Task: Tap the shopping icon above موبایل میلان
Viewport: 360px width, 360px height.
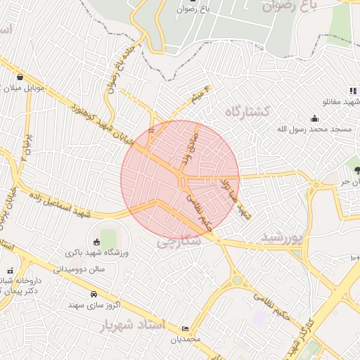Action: (x=20, y=77)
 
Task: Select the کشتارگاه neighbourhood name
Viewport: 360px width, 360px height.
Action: (x=248, y=111)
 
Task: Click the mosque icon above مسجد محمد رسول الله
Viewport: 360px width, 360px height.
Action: (x=314, y=118)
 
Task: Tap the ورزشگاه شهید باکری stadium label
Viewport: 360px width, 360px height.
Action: (x=96, y=252)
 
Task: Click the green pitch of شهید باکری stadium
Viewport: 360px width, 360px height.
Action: (x=108, y=236)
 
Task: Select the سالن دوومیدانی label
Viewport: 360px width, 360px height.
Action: (x=79, y=269)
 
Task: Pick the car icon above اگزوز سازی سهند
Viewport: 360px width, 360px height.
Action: (x=94, y=293)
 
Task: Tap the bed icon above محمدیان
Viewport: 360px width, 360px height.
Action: (x=185, y=328)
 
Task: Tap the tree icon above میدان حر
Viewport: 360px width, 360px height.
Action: (x=358, y=169)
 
